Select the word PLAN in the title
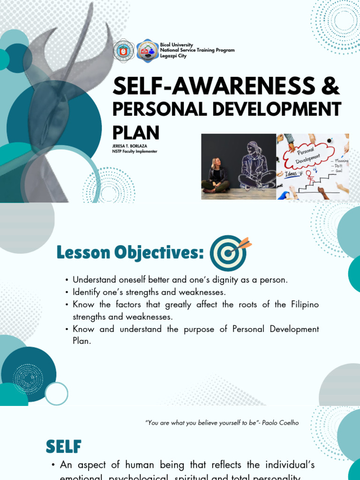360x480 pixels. tap(136, 132)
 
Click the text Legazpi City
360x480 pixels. tap(173, 56)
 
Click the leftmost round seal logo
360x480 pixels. tap(123, 51)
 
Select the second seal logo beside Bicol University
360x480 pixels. tap(147, 51)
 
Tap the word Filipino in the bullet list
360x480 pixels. tap(303, 305)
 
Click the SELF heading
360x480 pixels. tap(64, 447)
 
